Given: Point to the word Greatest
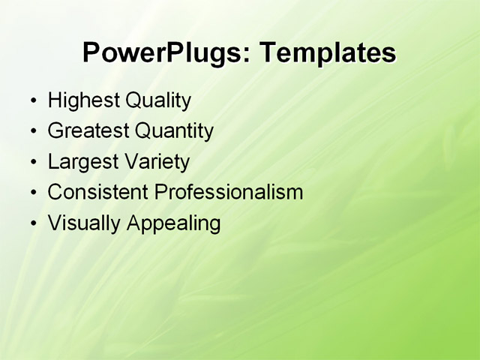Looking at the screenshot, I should [88, 131].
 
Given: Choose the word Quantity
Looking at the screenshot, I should [174, 132].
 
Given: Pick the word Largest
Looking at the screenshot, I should [82, 162].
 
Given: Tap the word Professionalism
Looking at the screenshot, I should [228, 192].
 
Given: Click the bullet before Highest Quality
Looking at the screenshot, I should [32, 101].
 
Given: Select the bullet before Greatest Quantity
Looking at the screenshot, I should [32, 132].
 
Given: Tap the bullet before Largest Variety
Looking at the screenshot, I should [32, 163].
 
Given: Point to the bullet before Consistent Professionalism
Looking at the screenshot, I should [32, 193].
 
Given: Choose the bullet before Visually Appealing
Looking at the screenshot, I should [32, 223].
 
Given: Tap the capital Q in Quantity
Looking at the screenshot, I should [142, 131].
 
